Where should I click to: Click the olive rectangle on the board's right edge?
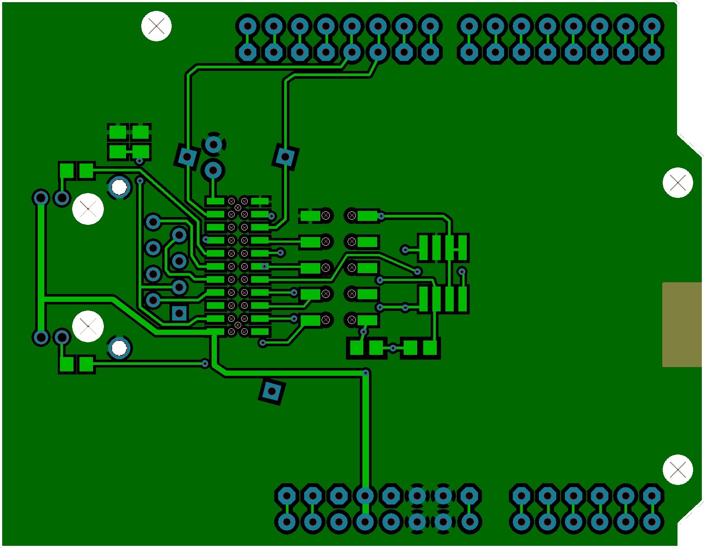(682, 324)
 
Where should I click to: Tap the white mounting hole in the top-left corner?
(156, 26)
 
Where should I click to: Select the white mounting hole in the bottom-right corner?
(677, 469)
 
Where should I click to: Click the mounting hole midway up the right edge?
(677, 183)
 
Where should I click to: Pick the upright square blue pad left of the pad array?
(179, 313)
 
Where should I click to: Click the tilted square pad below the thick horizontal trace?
(272, 391)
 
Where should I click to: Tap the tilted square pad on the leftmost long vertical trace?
(187, 157)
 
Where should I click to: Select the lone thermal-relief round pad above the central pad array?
(213, 144)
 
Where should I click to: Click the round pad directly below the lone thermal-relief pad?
(213, 170)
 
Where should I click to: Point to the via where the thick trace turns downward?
(366, 373)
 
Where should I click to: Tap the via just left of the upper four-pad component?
(405, 250)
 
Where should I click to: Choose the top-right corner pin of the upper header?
(651, 26)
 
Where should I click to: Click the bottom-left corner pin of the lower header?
(287, 521)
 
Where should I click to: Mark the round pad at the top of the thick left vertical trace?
(41, 198)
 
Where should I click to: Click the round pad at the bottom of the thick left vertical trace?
(41, 337)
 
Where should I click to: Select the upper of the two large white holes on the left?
(88, 209)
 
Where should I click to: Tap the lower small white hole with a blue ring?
(120, 348)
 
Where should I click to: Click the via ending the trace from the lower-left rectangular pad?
(205, 363)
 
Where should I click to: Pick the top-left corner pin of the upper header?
(248, 26)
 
